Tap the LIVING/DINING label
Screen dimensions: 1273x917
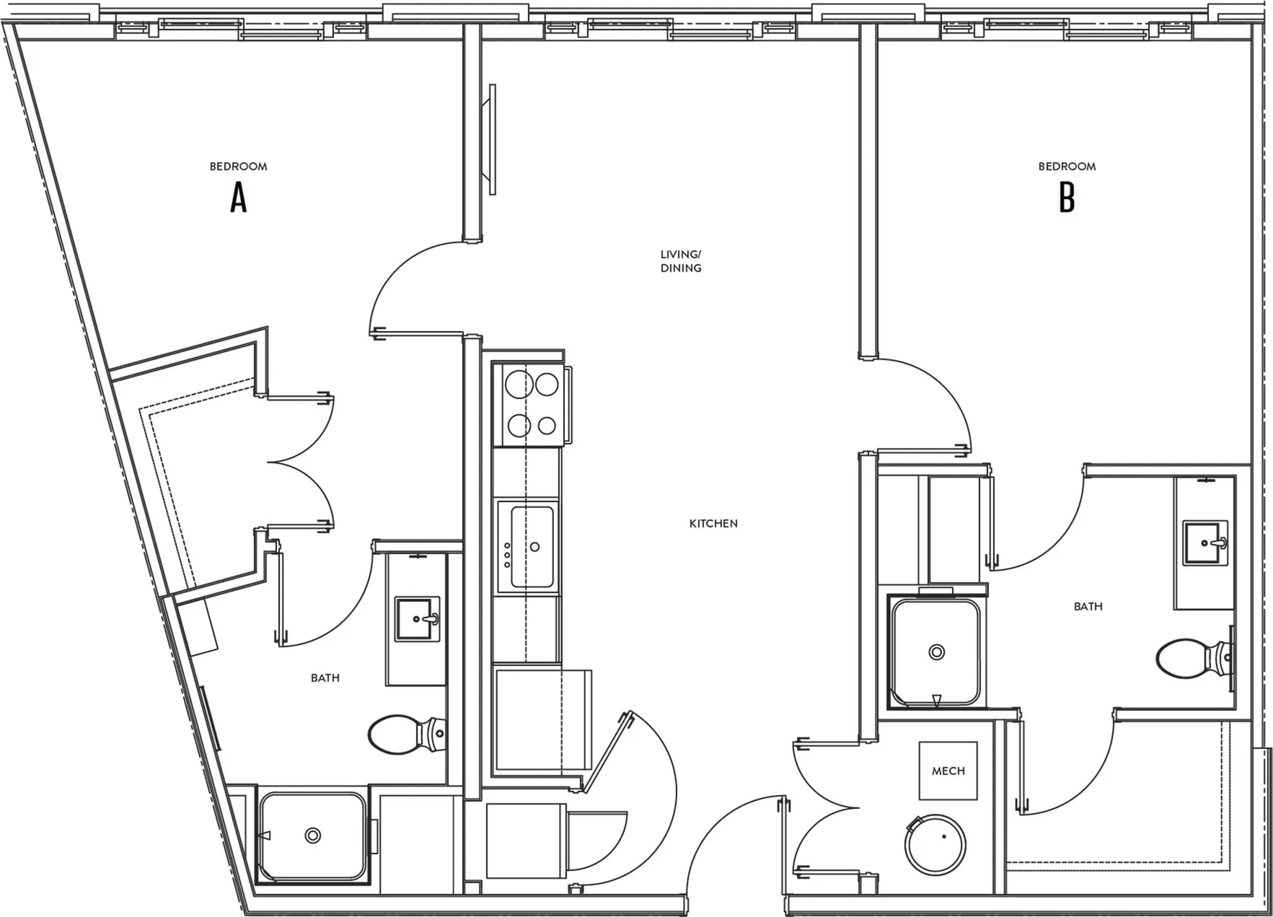pos(681,261)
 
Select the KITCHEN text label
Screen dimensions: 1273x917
pos(713,524)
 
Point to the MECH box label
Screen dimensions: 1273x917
pos(948,771)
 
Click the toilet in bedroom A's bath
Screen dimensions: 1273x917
pos(407,734)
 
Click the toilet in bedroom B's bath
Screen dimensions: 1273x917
pos(1195,657)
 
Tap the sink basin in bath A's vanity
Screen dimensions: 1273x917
pos(417,619)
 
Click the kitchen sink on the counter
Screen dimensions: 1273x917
pos(532,546)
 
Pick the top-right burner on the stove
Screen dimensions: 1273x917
pos(547,385)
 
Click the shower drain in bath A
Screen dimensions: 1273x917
pos(313,835)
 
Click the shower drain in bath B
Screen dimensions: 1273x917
pos(937,652)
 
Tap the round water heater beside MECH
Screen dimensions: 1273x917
pos(936,845)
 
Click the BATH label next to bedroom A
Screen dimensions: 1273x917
pos(325,678)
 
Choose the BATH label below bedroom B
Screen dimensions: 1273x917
pos(1088,607)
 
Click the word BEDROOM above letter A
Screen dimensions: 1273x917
pos(238,167)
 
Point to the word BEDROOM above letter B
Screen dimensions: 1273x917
pos(1067,167)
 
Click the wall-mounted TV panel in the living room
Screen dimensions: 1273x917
pos(493,139)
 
